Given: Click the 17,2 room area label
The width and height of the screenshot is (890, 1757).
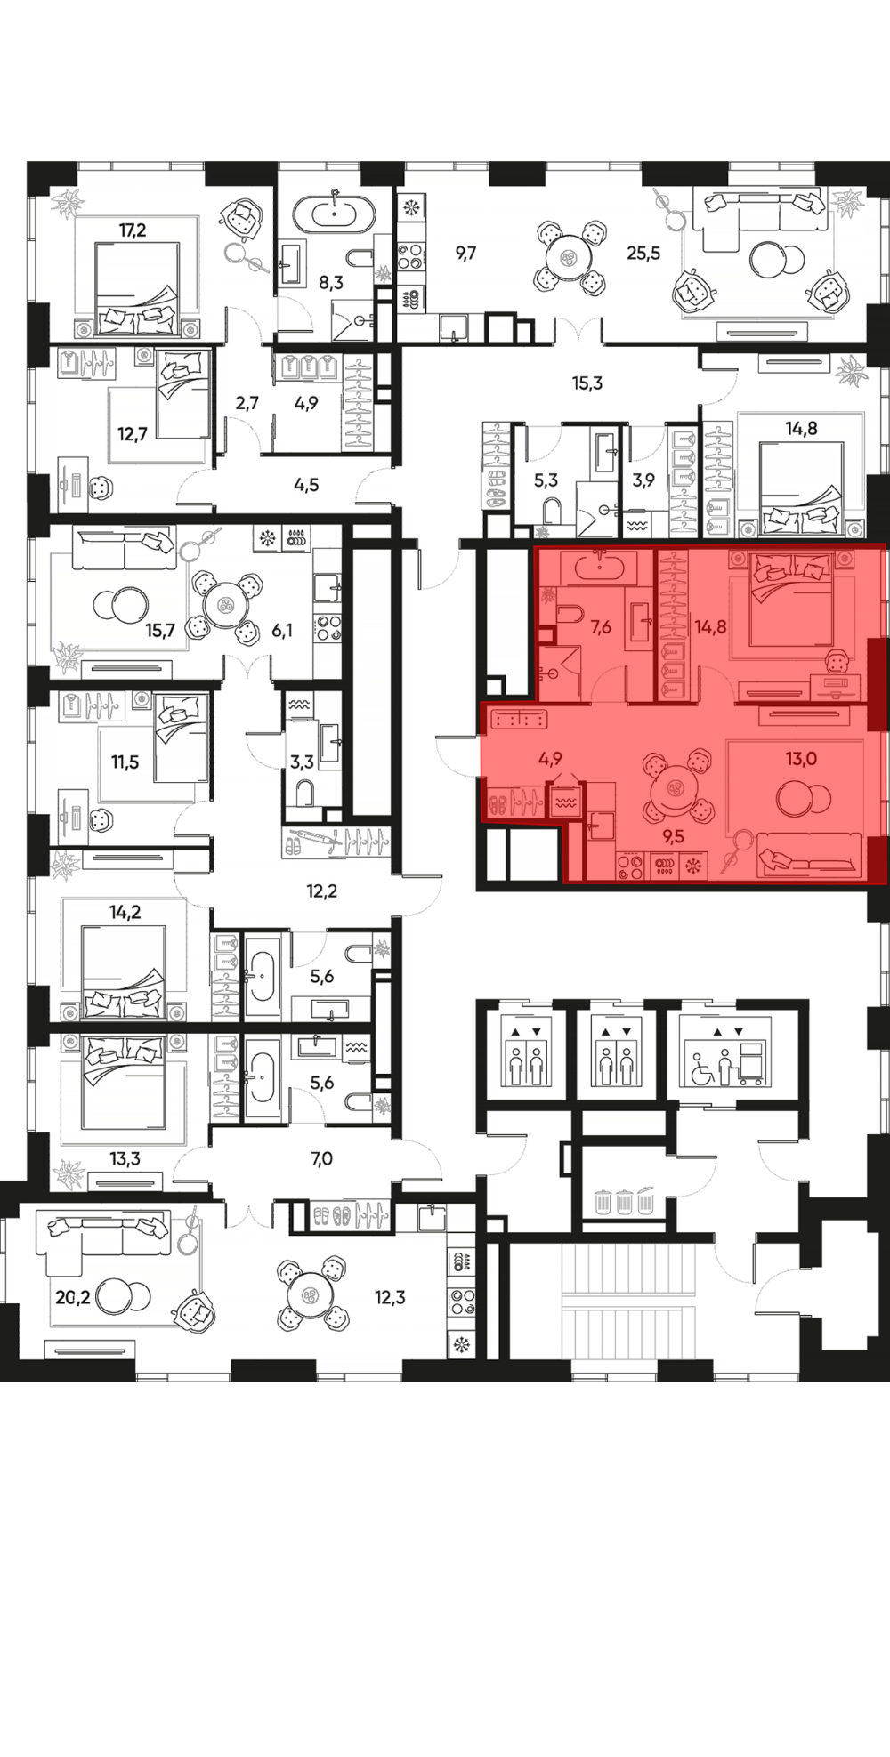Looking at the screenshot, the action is coord(133,230).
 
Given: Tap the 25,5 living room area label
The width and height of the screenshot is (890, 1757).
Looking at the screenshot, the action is coord(643,253).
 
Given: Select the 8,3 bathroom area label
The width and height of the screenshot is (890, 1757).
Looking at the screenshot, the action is coord(331,284).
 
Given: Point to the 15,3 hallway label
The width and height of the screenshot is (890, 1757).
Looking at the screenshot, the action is coord(587,383).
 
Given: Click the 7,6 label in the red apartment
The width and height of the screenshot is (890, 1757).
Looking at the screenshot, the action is coord(601,627).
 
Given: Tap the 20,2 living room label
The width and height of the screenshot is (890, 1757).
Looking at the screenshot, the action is coord(73,1298).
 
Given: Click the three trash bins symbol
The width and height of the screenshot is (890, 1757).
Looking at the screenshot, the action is coord(625,1200).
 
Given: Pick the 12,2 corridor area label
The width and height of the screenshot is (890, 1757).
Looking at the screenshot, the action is coord(322,891).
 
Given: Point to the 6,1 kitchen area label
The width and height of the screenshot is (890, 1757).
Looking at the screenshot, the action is coord(282,631).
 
